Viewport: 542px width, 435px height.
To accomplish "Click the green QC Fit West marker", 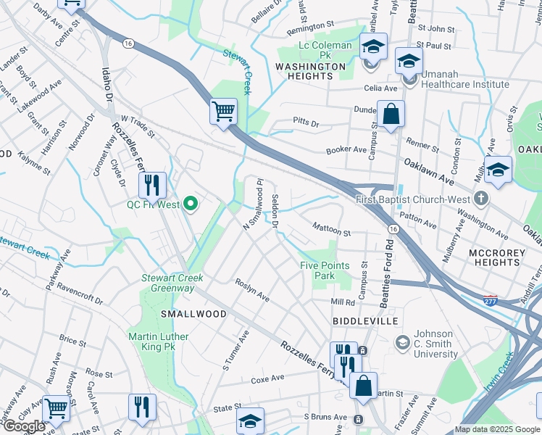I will [191, 204].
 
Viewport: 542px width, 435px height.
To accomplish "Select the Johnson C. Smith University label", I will [435, 344].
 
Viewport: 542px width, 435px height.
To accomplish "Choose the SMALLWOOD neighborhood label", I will [193, 314].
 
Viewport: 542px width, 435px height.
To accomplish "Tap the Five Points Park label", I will [327, 270].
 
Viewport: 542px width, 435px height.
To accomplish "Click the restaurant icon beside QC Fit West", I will [152, 186].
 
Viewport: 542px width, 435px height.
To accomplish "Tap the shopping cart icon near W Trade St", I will [224, 112].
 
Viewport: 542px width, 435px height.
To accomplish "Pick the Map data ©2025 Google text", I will [497, 430].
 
